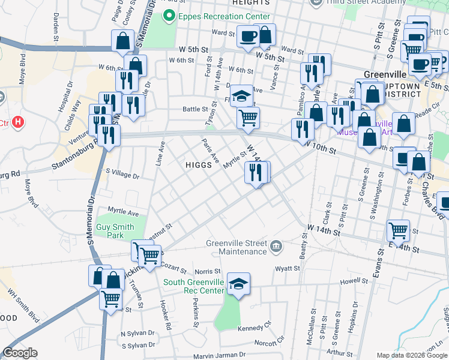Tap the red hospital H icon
[19, 122]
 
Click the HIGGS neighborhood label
[197, 164]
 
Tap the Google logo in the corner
[20, 353]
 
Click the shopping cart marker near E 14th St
[398, 229]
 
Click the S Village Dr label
[122, 176]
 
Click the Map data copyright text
[411, 355]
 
